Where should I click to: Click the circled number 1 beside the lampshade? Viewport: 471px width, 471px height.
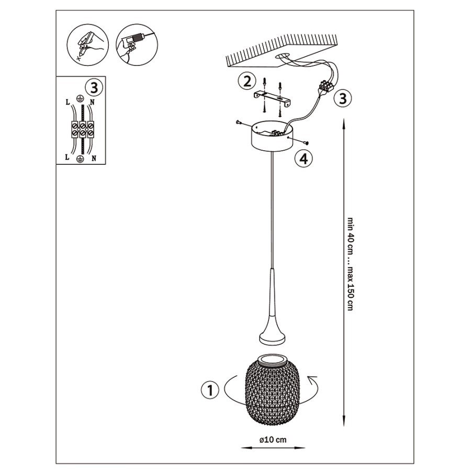coord(210,390)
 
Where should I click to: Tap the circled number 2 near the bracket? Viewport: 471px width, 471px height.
coord(247,81)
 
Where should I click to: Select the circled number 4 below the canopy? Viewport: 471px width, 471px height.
coord(304,159)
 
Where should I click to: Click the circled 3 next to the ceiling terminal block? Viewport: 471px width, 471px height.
coord(343,98)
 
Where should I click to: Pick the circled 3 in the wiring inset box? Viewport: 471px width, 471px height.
coord(94,88)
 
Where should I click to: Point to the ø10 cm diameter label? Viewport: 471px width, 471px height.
coord(273,440)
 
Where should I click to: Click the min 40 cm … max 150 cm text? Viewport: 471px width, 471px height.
coord(350,264)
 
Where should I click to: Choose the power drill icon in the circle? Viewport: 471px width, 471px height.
coord(137,45)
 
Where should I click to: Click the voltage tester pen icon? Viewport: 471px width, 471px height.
coord(88,44)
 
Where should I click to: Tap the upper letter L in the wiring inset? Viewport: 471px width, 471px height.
coord(68,103)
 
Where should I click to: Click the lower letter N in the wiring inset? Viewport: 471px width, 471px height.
coord(94,158)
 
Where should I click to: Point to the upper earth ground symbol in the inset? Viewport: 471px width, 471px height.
coord(80,97)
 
